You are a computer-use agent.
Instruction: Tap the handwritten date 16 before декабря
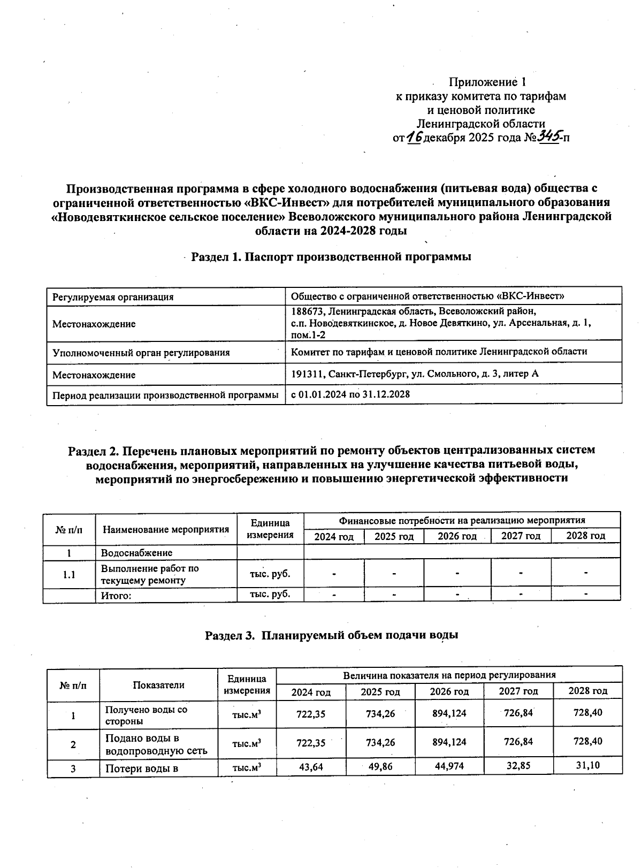coord(414,138)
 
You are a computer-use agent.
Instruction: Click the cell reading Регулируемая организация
coord(113,296)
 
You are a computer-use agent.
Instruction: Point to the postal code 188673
coord(307,311)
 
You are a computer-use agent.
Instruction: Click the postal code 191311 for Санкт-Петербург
coord(307,374)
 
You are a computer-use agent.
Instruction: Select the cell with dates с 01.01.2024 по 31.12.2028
coord(350,394)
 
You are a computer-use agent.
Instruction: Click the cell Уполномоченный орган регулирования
coord(141,353)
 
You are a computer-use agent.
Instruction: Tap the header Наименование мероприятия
coord(166,530)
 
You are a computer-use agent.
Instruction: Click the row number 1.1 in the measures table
coord(69,575)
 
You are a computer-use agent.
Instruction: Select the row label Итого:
coord(116,595)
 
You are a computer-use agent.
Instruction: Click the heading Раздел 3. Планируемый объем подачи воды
coord(332,636)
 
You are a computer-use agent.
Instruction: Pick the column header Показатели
coord(158,685)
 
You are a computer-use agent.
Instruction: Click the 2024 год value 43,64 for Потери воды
coord(311,767)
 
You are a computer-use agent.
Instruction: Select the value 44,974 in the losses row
coord(449,766)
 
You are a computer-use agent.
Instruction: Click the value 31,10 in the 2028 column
coord(587,766)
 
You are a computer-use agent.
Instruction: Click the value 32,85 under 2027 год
coord(518,766)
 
